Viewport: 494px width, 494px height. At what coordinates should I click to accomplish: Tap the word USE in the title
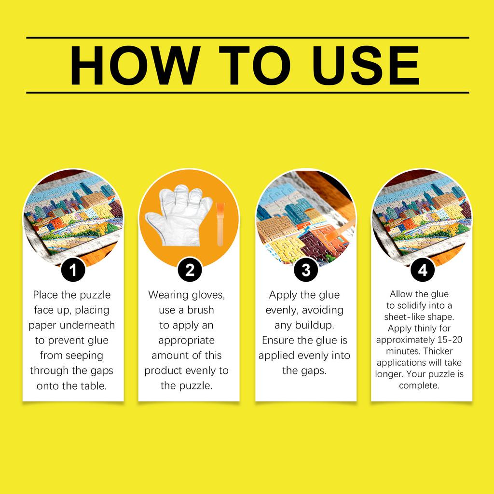[366, 66]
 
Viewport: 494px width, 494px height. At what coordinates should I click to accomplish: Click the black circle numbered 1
[73, 270]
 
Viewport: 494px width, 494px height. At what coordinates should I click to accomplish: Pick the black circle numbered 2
[190, 270]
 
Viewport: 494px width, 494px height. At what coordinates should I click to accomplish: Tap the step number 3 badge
[306, 270]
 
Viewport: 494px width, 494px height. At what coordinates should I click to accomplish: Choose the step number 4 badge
[423, 270]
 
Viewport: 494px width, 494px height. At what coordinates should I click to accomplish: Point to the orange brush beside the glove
[220, 224]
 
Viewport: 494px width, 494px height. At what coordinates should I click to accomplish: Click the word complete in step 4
[418, 385]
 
